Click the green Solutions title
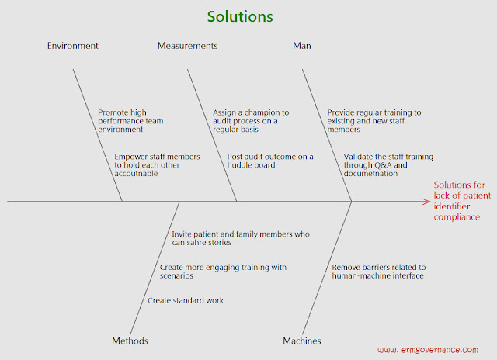[240, 16]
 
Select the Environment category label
[73, 46]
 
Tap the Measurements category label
[188, 46]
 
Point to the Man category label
[302, 46]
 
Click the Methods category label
[130, 341]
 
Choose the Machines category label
[302, 341]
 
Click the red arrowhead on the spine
[426, 202]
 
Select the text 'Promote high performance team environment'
[130, 121]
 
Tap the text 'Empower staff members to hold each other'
[157, 161]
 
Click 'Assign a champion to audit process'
[251, 116]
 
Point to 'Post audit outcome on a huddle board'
[270, 161]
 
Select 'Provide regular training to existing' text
[374, 116]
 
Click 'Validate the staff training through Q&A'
[388, 161]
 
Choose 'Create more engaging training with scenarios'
[223, 272]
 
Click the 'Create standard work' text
[186, 300]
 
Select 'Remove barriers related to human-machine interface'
[379, 272]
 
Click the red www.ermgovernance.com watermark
[428, 350]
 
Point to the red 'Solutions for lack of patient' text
[463, 190]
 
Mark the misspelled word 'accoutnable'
[136, 174]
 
